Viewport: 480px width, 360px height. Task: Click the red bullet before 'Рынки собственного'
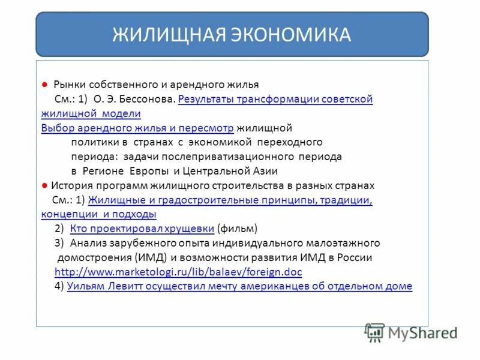[x=44, y=85]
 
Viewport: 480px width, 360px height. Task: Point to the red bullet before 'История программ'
[x=44, y=185]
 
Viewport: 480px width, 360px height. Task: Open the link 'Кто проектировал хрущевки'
[x=142, y=229]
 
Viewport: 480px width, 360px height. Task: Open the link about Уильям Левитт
[x=239, y=286]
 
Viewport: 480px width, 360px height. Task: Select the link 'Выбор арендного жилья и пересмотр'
[x=137, y=128]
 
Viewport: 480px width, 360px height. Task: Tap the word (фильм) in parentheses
[x=238, y=229]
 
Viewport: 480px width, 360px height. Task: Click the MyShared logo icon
[x=374, y=332]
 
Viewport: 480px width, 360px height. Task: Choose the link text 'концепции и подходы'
[x=98, y=214]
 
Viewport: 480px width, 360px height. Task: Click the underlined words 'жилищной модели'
[x=91, y=113]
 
